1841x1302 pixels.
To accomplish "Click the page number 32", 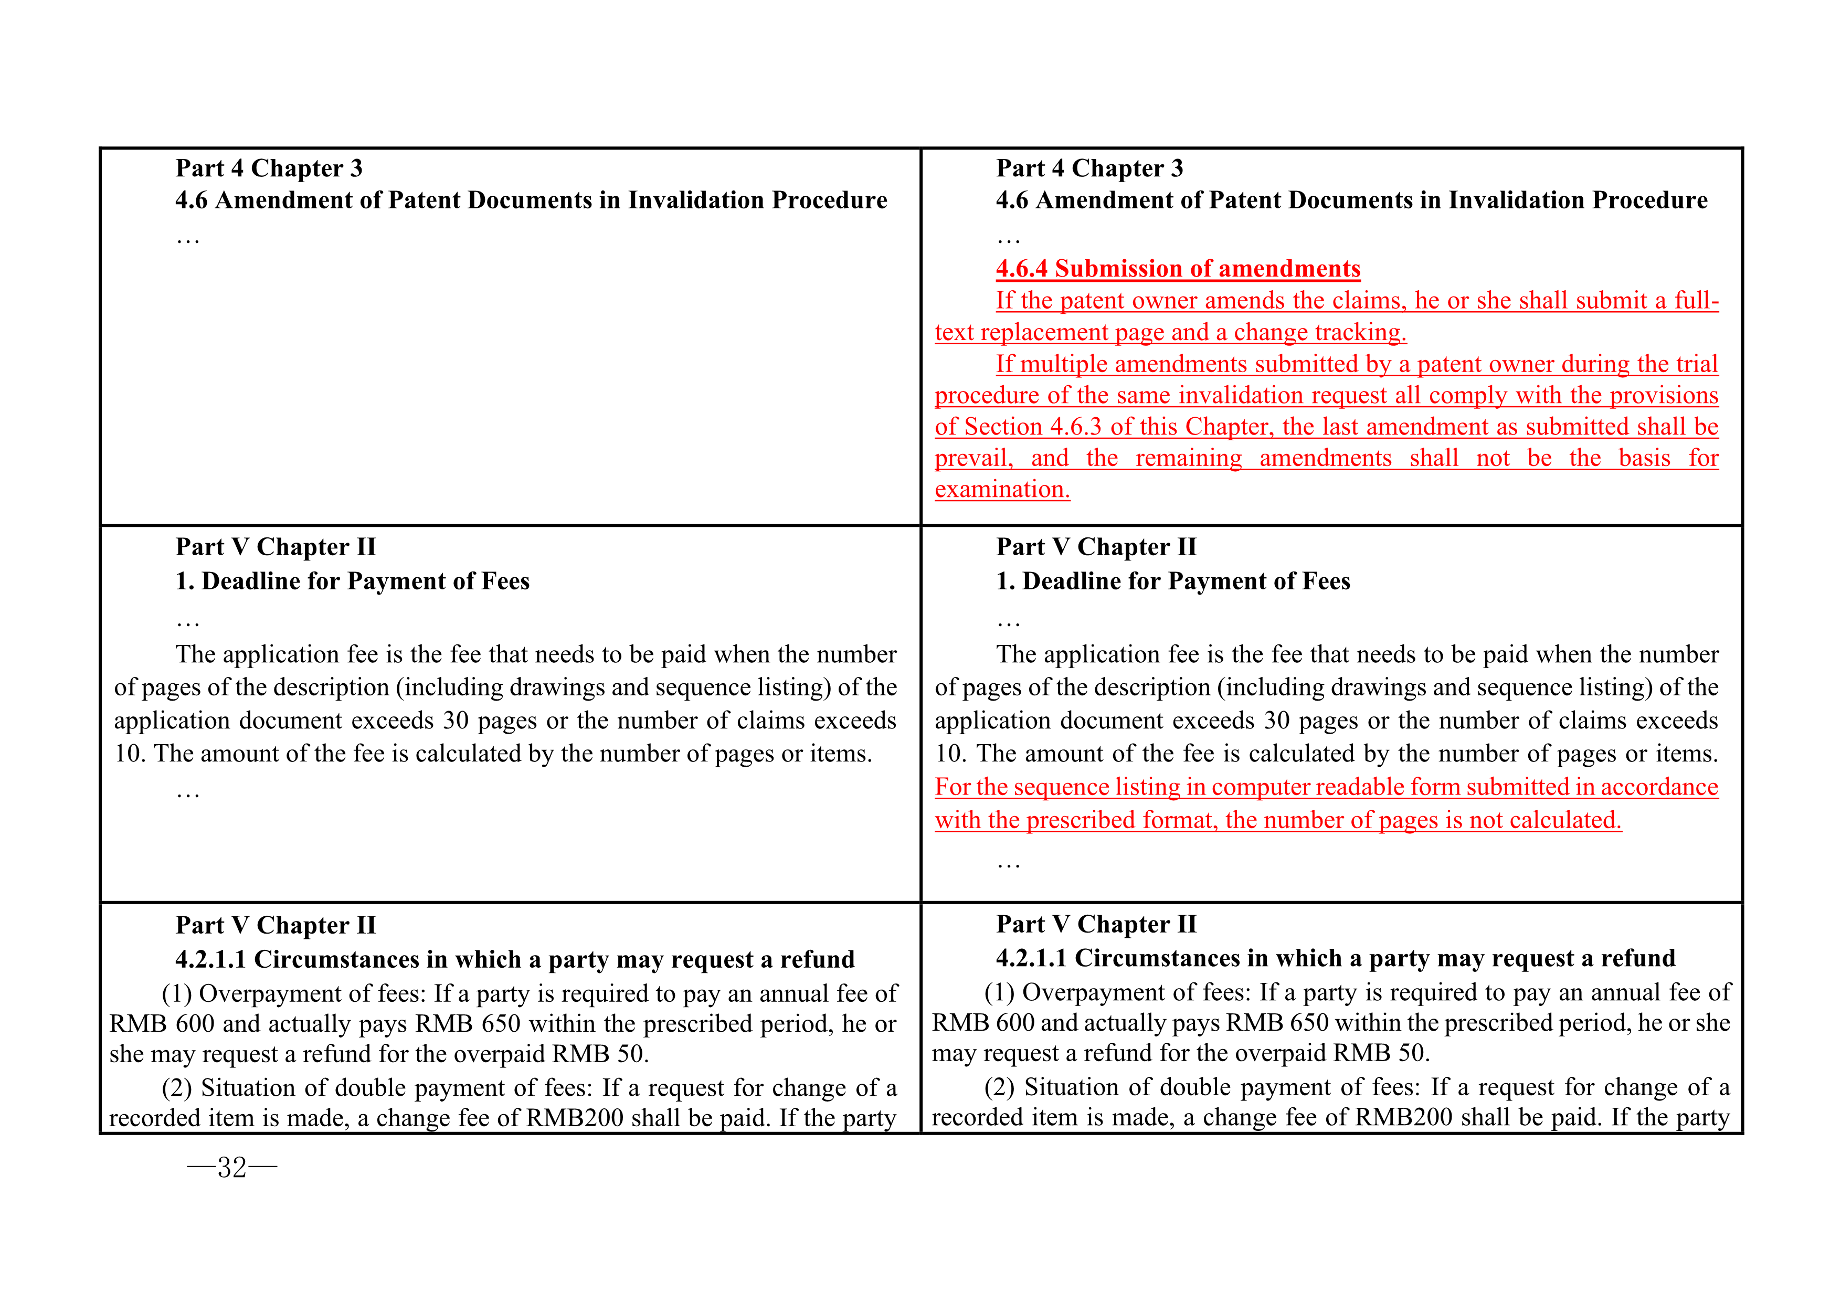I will click(232, 1167).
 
